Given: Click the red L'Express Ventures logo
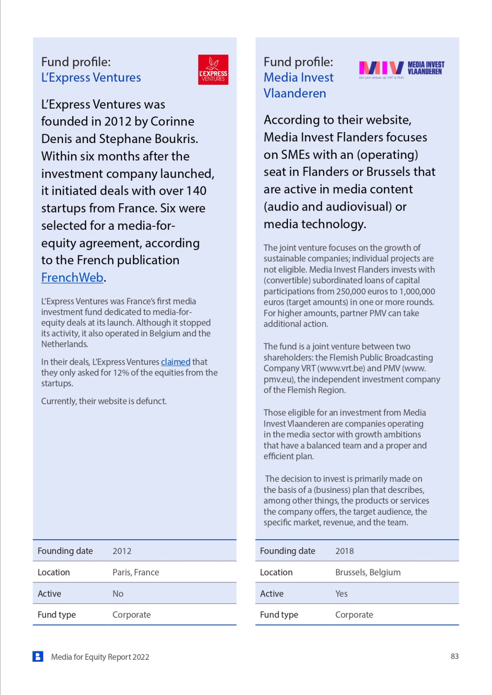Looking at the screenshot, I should [213, 70].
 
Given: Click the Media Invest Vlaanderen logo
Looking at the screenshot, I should [401, 68].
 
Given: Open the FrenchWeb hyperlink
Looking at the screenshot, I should [72, 277].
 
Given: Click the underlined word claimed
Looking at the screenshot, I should [175, 362].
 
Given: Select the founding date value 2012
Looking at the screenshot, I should [122, 551].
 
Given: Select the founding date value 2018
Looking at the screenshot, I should [344, 551].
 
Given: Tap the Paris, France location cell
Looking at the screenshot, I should [136, 572].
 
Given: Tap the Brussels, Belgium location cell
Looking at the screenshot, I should [368, 572].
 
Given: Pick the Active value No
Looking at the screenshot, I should [118, 594].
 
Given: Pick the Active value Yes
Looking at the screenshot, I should [341, 594].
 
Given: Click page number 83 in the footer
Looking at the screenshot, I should [454, 656].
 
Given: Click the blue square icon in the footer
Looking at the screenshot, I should [38, 656].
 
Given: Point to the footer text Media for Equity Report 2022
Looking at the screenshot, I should [100, 657].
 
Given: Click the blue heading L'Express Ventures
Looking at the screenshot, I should [91, 77].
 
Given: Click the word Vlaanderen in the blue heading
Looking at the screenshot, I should [295, 93].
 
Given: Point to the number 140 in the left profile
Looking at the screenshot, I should [196, 191].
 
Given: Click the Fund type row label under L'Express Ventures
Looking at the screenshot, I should [57, 615].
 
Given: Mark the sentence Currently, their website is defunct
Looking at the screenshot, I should [104, 401].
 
